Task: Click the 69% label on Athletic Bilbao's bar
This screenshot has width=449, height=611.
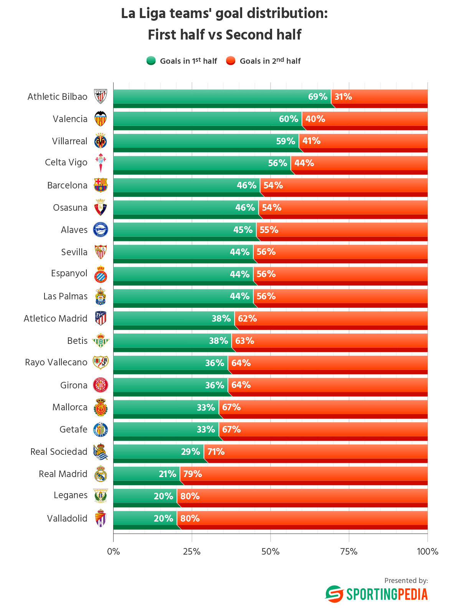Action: pyautogui.click(x=317, y=97)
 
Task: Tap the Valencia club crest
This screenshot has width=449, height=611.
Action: pyautogui.click(x=101, y=119)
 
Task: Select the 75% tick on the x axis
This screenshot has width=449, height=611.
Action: pyautogui.click(x=348, y=552)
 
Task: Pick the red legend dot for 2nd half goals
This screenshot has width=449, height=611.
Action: pyautogui.click(x=231, y=61)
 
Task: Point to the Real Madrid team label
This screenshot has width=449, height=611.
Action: pyautogui.click(x=63, y=474)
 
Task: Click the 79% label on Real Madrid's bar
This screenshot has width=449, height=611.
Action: pyautogui.click(x=193, y=474)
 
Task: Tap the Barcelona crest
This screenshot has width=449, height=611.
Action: pyautogui.click(x=101, y=185)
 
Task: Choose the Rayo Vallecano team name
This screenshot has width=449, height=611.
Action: pyautogui.click(x=56, y=362)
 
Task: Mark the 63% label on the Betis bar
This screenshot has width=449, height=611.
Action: pyautogui.click(x=244, y=341)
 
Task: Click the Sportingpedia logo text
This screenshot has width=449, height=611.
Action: pyautogui.click(x=387, y=594)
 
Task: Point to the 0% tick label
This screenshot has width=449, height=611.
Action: pyautogui.click(x=114, y=552)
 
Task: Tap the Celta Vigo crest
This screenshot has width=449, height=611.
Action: pyautogui.click(x=101, y=163)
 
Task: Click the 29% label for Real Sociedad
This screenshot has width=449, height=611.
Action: pyautogui.click(x=191, y=452)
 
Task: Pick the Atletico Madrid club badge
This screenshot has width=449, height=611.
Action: pyautogui.click(x=101, y=319)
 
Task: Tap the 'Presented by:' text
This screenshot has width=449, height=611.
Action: pyautogui.click(x=406, y=580)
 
